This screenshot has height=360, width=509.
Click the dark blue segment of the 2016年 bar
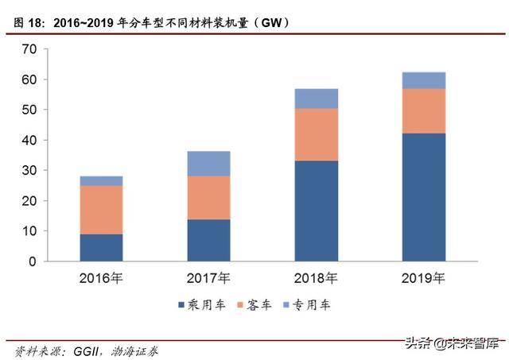(x=101, y=247)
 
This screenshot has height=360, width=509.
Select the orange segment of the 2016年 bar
(x=101, y=210)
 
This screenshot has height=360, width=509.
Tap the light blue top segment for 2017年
(x=208, y=163)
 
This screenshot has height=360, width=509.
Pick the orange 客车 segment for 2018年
(x=316, y=134)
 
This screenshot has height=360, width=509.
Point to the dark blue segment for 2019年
(x=423, y=197)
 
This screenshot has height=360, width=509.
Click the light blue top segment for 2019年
(x=423, y=79)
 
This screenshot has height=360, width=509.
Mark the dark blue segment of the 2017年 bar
(x=208, y=240)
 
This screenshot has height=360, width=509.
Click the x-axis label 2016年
(x=101, y=278)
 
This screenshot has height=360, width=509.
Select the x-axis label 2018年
(x=316, y=278)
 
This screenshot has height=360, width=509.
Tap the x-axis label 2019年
(x=423, y=278)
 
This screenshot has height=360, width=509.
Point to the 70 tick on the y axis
(x=29, y=49)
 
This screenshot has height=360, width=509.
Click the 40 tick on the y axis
(x=29, y=140)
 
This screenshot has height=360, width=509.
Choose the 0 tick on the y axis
(x=33, y=261)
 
